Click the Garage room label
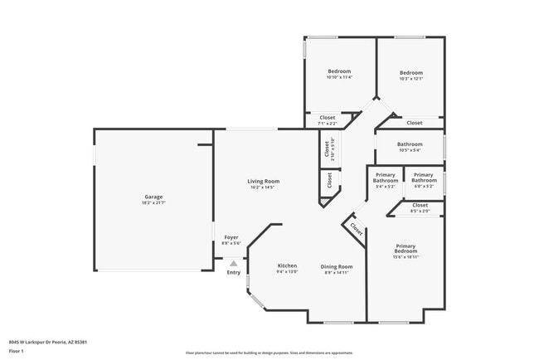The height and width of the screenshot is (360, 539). [152, 197]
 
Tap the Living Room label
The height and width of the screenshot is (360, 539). [263, 181]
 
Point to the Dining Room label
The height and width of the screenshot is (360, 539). [337, 265]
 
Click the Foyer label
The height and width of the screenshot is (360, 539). [231, 237]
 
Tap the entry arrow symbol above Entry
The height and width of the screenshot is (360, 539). [234, 263]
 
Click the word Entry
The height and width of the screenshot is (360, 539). [234, 272]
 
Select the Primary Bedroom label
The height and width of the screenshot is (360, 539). [405, 247]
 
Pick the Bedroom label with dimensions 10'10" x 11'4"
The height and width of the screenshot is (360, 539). [339, 71]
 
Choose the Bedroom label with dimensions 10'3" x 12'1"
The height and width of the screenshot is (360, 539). [410, 72]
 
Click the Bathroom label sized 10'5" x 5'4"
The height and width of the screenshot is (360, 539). [410, 144]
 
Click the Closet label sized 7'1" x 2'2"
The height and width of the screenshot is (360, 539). [328, 118]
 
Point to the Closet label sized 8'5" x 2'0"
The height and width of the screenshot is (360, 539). [420, 205]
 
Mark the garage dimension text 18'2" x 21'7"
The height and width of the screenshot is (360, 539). [152, 202]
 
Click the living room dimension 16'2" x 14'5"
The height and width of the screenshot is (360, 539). [263, 187]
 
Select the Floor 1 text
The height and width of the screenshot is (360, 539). [17, 352]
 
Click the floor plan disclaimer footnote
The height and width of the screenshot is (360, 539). [269, 352]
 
